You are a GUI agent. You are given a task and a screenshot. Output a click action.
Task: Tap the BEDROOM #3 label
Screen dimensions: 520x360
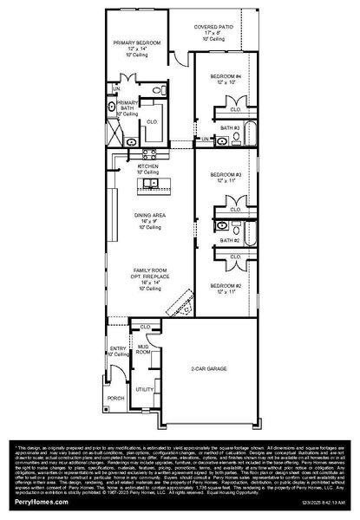225,176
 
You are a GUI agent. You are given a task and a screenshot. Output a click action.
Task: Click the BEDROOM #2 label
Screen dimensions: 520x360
225,286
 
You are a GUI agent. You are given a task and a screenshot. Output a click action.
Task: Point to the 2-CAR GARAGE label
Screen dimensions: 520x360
210,368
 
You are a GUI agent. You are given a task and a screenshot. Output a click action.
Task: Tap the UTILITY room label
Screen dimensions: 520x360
143,390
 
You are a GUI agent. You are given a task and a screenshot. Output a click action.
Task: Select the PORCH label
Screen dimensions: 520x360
115,399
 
